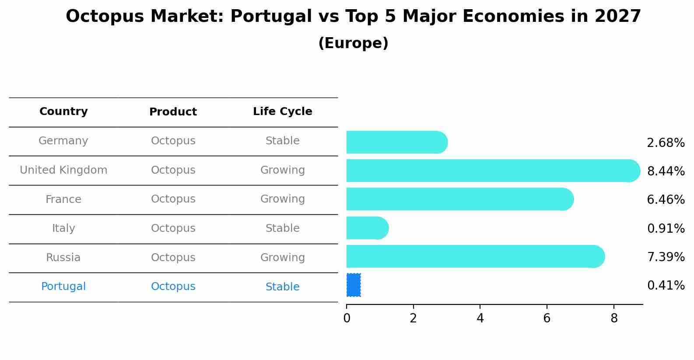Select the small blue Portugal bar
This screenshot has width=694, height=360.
[x=354, y=285]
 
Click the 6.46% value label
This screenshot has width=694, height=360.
[x=666, y=200]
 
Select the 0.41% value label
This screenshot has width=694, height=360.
[x=666, y=286]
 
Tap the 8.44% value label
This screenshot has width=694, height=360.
[x=666, y=171]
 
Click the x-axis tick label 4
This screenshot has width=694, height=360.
[x=480, y=318]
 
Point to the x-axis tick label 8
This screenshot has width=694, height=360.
[x=614, y=318]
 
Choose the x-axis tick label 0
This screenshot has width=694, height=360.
[x=347, y=318]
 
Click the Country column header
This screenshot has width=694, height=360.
[x=63, y=112]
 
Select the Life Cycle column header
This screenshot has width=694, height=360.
[x=282, y=112]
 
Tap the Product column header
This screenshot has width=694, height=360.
[x=173, y=112]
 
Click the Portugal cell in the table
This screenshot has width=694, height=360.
[x=63, y=287]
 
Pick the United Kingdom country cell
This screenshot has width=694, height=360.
[x=63, y=170]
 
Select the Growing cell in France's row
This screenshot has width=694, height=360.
[x=282, y=199]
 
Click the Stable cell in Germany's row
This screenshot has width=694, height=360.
[x=282, y=141]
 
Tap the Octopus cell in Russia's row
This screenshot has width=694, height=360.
[x=173, y=258]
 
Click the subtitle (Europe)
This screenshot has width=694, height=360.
[x=353, y=43]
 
